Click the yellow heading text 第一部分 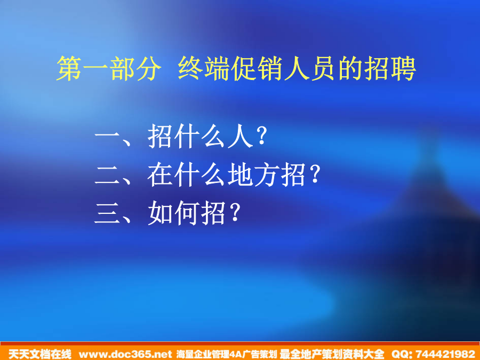tap(109, 69)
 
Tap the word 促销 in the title tap(257, 69)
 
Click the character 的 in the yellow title tap(350, 69)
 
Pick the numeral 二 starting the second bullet tap(107, 175)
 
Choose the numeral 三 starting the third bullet tap(107, 213)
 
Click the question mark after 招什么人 tap(262, 136)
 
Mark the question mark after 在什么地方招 tap(315, 174)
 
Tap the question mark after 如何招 tap(235, 212)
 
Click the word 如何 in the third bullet tap(174, 213)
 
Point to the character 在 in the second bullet tap(160, 175)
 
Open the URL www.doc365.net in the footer tap(125, 354)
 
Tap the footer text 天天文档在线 tap(40, 354)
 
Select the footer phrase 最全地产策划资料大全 tap(332, 354)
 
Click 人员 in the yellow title tap(310, 69)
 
